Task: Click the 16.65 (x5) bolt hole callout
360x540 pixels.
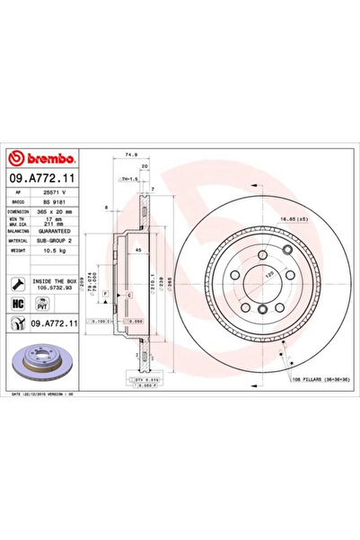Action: tap(312, 218)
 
